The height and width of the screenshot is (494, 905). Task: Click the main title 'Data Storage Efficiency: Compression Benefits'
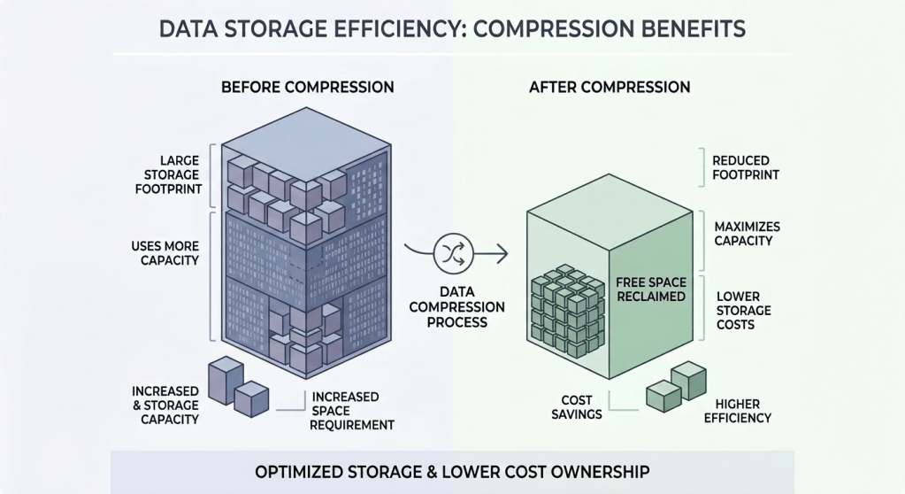coord(452,28)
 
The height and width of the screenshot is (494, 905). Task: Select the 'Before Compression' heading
coord(307,87)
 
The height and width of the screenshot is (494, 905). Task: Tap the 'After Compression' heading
coord(610,87)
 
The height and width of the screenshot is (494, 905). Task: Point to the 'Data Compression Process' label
coord(457,307)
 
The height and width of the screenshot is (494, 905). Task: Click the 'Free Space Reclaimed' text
coord(650,289)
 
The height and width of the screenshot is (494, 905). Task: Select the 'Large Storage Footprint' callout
coord(168,174)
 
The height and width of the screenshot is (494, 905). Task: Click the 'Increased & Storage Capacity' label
coord(165,405)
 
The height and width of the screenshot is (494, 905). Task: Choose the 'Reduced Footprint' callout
coord(745,167)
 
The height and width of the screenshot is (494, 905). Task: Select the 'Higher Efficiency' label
coord(738,411)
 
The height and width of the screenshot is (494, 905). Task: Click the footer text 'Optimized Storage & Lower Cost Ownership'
coord(451,471)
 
